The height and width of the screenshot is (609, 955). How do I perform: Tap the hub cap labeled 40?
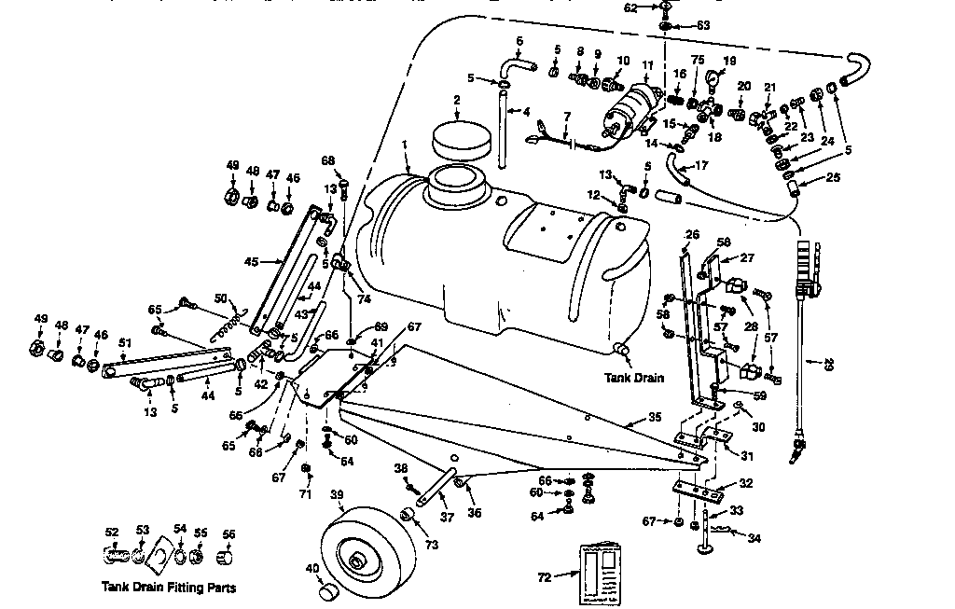327,590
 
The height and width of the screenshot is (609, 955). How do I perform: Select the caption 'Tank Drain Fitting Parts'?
168,588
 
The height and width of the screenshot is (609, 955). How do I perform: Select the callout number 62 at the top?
630,7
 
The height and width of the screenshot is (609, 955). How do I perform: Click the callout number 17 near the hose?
701,166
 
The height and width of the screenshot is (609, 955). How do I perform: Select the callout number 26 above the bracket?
691,234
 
